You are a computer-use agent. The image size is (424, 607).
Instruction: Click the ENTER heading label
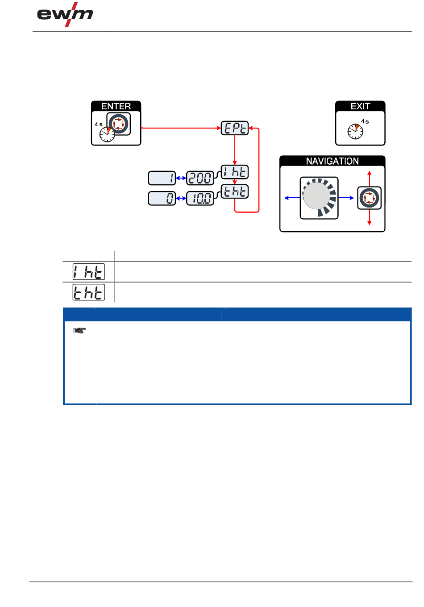(116, 106)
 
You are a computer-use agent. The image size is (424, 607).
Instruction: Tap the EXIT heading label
(360, 106)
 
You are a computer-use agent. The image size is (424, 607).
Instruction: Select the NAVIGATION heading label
(333, 161)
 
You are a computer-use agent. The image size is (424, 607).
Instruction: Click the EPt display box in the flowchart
(235, 129)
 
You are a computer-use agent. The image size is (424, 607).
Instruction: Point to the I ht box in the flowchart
(235, 172)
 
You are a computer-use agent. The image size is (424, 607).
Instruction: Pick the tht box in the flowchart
(235, 191)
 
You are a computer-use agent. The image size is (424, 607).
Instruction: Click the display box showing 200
(200, 178)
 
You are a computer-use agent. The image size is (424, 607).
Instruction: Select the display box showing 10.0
(200, 198)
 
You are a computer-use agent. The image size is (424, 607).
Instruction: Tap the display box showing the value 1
(162, 178)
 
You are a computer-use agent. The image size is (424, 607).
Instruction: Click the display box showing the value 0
(162, 198)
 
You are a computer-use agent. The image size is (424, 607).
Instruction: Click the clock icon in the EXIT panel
(355, 131)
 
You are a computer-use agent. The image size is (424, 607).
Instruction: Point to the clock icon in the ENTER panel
(107, 134)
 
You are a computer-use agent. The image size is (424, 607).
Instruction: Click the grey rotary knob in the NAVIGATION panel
(316, 196)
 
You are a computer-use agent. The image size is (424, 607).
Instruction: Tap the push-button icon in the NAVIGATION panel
(370, 198)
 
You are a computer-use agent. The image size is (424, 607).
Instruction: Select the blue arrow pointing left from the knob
(292, 198)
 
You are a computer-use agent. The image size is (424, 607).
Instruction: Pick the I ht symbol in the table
(89, 272)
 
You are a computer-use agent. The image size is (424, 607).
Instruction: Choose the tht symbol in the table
(89, 292)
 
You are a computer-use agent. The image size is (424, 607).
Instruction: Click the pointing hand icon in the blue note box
(79, 331)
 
